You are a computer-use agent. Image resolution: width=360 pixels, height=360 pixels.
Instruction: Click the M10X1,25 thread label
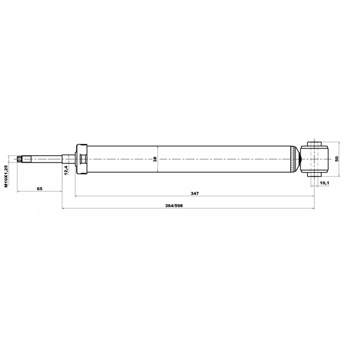[x=6, y=176]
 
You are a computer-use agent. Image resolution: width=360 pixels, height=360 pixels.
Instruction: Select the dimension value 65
[x=39, y=189]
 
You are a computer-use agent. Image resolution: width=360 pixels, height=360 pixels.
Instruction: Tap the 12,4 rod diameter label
[x=66, y=170]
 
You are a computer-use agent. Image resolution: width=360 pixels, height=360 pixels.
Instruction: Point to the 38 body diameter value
[x=155, y=159]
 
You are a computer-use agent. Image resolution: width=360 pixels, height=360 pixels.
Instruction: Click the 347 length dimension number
[x=195, y=193]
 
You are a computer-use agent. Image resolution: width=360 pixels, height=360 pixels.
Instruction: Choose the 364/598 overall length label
[x=174, y=206]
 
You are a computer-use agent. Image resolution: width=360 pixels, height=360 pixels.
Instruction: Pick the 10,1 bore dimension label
[x=325, y=183]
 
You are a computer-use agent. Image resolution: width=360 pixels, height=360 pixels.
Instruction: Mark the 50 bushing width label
[x=337, y=159]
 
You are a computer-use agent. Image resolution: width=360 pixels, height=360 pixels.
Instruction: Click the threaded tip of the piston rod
[x=20, y=159]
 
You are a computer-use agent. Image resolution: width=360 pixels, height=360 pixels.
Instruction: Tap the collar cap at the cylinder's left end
[x=81, y=159]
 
